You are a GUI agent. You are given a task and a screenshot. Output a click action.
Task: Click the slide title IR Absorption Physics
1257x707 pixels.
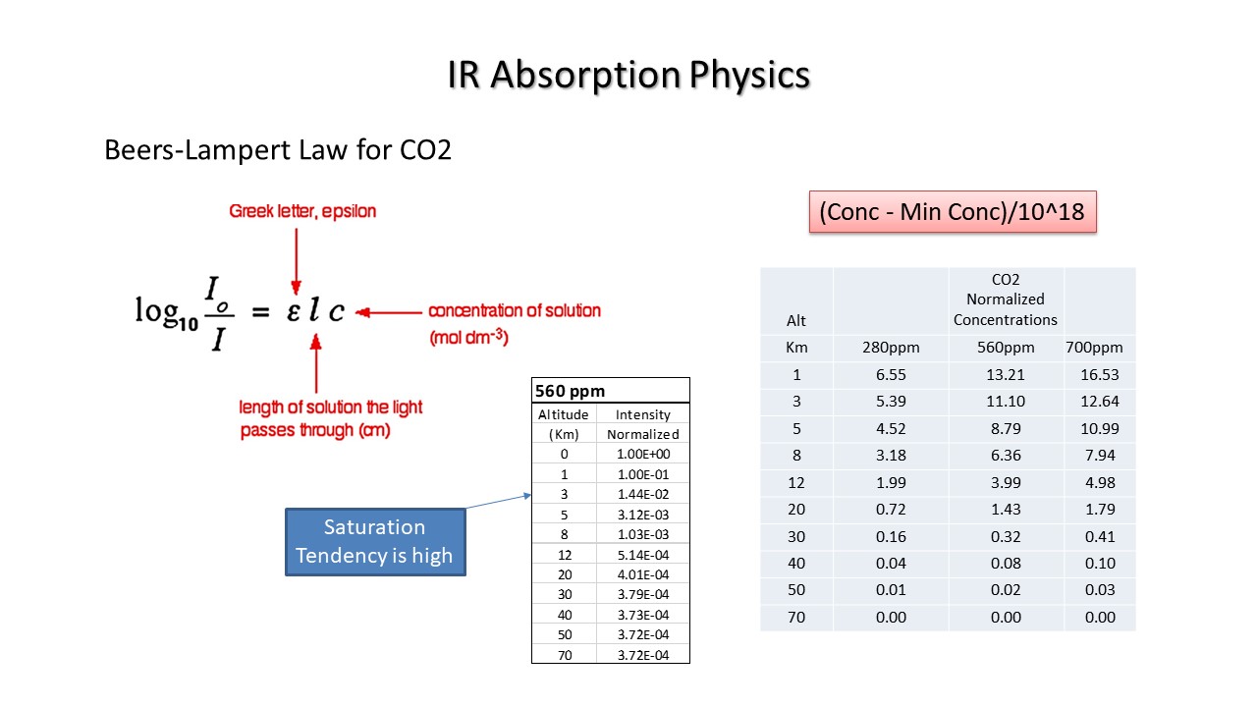tap(628, 75)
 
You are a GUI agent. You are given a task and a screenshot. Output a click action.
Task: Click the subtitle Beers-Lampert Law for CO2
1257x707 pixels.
tap(278, 150)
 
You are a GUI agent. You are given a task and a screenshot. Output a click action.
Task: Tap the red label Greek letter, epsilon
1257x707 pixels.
tap(302, 211)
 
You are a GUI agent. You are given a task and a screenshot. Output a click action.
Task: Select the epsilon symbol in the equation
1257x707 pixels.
tap(293, 312)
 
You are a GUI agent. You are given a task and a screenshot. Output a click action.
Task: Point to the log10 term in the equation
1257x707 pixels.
tap(167, 313)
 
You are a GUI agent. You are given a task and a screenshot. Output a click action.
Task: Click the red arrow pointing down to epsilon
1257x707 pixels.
tap(297, 261)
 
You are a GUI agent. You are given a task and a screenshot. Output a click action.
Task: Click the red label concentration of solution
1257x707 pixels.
tap(515, 311)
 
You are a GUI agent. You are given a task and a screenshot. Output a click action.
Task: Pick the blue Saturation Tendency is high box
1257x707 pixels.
tap(375, 542)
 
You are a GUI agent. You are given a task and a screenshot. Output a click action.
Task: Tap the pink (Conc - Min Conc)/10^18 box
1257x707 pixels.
tap(953, 211)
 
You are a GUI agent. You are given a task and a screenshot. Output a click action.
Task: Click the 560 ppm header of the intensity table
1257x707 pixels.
tap(571, 391)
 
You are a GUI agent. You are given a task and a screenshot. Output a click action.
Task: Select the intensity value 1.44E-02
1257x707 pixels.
tap(643, 494)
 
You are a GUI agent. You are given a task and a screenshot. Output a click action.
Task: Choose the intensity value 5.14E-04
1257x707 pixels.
tap(643, 555)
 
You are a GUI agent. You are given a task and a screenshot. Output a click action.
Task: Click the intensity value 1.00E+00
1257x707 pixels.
tap(643, 454)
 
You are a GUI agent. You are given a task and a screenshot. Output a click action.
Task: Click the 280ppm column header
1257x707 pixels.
tap(891, 348)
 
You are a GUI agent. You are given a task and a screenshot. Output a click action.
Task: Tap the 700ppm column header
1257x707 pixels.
tap(1094, 348)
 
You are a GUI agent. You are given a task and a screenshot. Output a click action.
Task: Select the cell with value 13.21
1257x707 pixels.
tap(1006, 375)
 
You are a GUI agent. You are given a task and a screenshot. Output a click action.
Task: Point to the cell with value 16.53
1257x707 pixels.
tap(1100, 375)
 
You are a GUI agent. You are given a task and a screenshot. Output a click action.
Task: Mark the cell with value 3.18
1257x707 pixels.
tap(891, 455)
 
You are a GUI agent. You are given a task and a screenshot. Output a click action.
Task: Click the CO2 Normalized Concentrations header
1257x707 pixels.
tap(1005, 299)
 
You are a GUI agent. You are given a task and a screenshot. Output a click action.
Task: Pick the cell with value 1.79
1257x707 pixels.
tap(1100, 510)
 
